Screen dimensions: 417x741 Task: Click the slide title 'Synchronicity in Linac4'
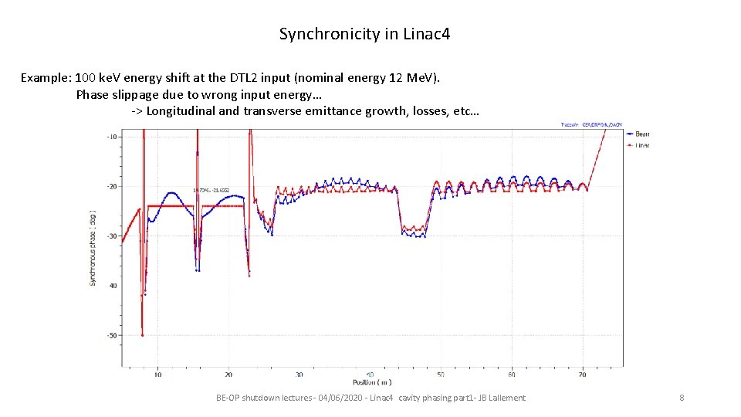coord(364,34)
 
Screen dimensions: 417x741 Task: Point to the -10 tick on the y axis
coord(112,137)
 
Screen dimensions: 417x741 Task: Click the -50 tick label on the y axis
coord(112,335)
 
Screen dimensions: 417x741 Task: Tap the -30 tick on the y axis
coord(112,236)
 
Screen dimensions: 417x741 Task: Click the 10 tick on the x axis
coord(157,375)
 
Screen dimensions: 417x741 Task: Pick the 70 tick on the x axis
coord(582,375)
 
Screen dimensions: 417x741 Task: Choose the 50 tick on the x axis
coord(440,375)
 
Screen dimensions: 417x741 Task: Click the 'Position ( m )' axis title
coord(372,382)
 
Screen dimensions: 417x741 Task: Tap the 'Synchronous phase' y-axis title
coord(93,247)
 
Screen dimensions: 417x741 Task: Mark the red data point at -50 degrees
coord(142,334)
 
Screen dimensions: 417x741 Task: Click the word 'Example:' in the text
coord(46,77)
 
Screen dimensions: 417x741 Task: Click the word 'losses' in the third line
coord(430,110)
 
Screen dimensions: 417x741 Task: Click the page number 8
coord(682,398)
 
